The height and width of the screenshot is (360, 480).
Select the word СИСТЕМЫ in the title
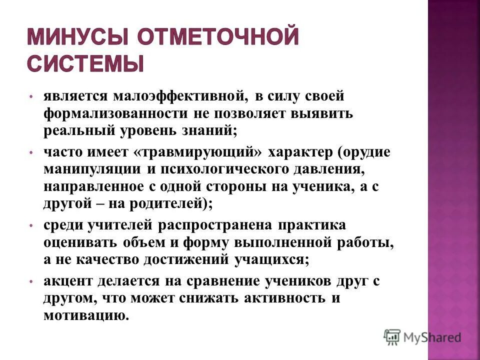pos(84,64)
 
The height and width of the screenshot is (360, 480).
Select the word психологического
pos(225,169)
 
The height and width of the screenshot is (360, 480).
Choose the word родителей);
pos(164,204)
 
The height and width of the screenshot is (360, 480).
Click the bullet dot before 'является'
pos(31,96)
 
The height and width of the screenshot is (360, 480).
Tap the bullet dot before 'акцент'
pos(31,282)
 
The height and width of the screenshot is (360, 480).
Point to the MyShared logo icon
pos(392,337)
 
